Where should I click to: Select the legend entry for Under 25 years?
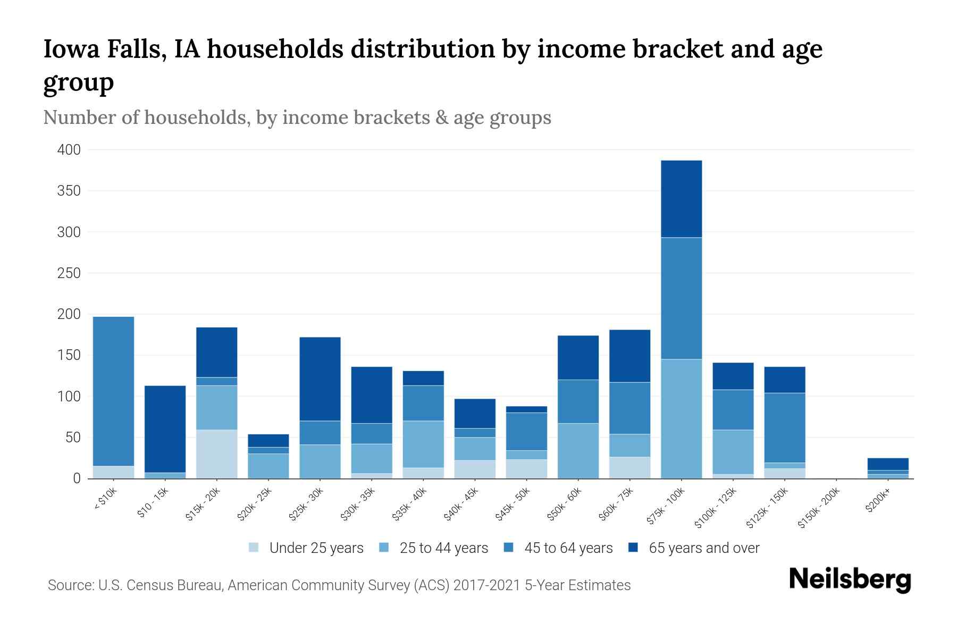pyautogui.click(x=307, y=548)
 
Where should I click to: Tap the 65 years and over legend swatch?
pyautogui.click(x=634, y=548)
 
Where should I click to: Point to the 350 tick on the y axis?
pyautogui.click(x=69, y=191)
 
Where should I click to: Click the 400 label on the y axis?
pyautogui.click(x=69, y=150)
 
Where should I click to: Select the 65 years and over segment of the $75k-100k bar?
pyautogui.click(x=681, y=199)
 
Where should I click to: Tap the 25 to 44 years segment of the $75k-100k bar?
pyautogui.click(x=681, y=418)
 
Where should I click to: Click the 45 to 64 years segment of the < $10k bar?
pyautogui.click(x=113, y=391)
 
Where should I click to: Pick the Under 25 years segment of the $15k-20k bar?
pyautogui.click(x=216, y=454)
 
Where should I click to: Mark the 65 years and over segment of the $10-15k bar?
pyautogui.click(x=165, y=429)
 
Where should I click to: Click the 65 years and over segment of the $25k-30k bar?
pyautogui.click(x=320, y=379)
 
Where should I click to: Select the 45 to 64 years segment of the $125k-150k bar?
pyautogui.click(x=784, y=427)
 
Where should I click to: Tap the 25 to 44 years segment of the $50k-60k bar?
pyautogui.click(x=578, y=450)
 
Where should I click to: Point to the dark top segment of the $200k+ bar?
pyautogui.click(x=887, y=464)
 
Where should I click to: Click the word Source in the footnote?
pyautogui.click(x=70, y=585)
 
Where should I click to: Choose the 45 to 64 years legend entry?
pyautogui.click(x=558, y=548)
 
